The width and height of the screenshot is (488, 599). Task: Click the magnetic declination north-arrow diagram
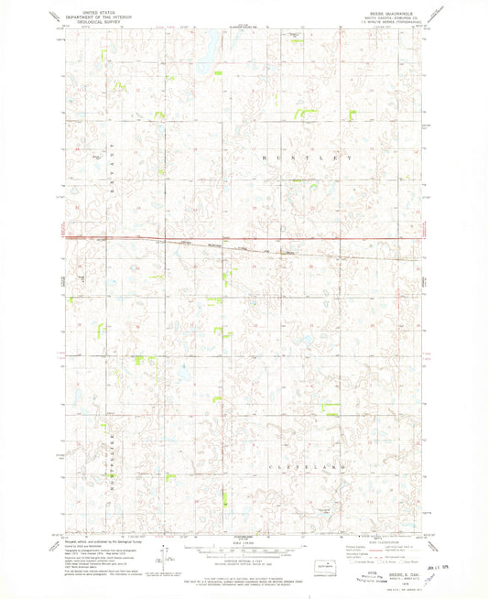[162, 561]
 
